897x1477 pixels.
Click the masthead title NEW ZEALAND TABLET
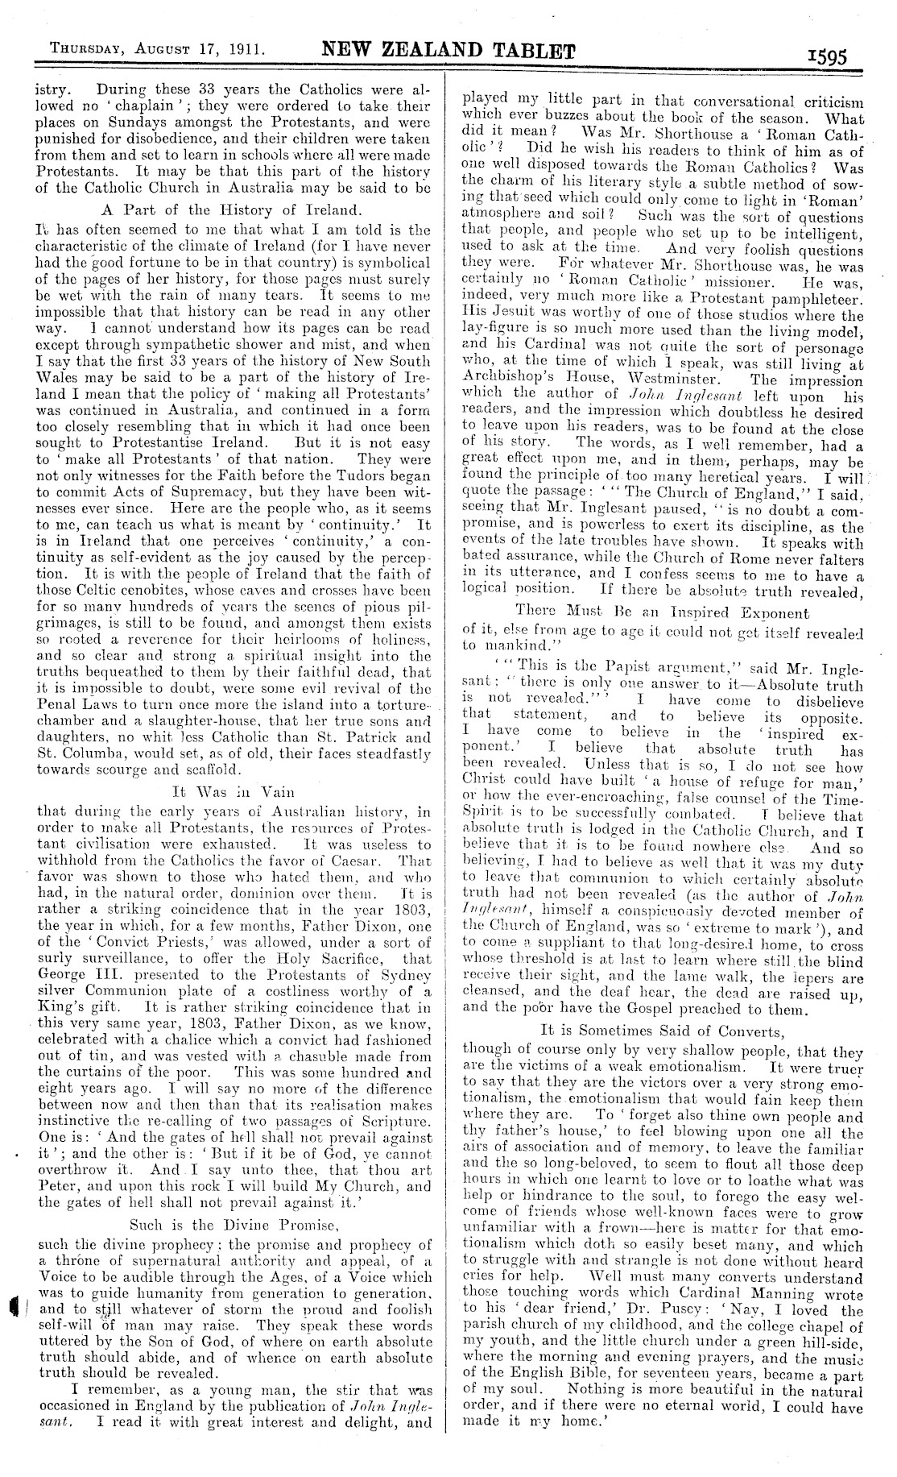click(448, 54)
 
